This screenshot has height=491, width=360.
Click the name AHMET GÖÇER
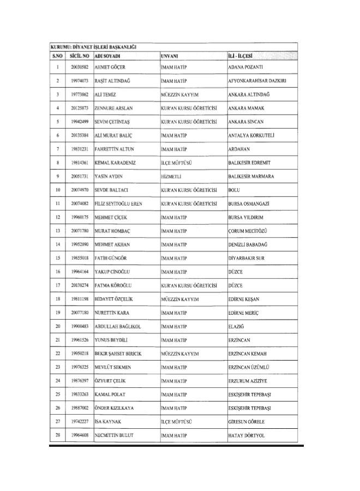pyautogui.click(x=110, y=67)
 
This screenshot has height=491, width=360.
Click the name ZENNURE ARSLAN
pyautogui.click(x=113, y=108)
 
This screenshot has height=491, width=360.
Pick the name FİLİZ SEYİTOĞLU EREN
pyautogui.click(x=118, y=203)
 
